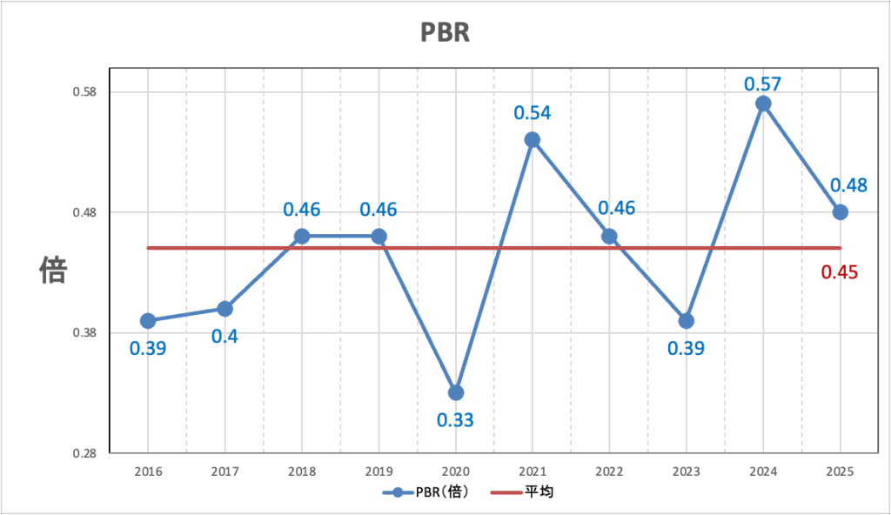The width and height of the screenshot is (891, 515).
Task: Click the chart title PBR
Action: (x=445, y=33)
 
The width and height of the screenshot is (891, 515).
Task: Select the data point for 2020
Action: (x=456, y=392)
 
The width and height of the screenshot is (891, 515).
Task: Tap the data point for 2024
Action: (x=763, y=104)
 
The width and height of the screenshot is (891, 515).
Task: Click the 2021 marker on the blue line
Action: (x=533, y=140)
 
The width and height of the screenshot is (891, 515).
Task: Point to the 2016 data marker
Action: (x=148, y=321)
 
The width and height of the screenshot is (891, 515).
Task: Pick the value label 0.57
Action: (x=763, y=84)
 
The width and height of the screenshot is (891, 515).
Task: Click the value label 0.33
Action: (x=455, y=421)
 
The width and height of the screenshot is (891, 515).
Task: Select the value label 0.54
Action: (x=533, y=113)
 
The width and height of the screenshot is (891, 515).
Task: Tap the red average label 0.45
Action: (x=840, y=272)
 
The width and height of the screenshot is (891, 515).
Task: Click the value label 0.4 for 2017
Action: (x=225, y=337)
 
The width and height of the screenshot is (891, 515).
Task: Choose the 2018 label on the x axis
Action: (x=302, y=471)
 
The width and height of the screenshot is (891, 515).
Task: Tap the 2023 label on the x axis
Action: (x=686, y=471)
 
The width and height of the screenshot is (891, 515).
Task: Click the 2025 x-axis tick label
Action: (x=840, y=471)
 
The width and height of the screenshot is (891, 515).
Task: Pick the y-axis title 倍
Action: (x=52, y=271)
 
